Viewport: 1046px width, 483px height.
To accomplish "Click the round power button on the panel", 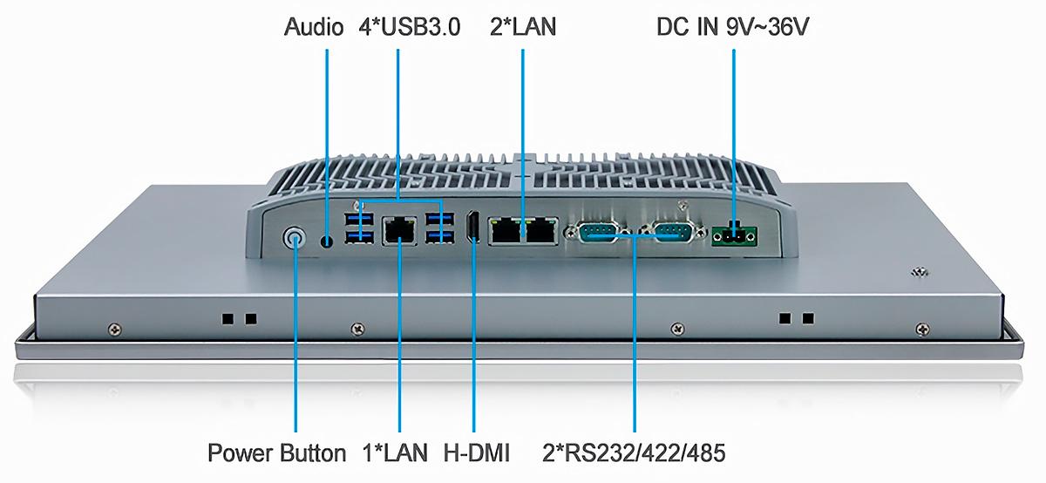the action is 295,239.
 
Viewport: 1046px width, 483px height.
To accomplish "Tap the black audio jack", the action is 328,241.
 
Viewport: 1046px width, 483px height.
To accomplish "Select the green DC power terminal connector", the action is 734,237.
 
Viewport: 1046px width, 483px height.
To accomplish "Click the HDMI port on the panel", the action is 472,228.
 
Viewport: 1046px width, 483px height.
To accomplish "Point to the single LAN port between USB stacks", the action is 400,230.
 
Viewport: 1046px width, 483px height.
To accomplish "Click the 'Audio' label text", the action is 314,27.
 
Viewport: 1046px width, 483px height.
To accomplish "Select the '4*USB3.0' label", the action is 410,27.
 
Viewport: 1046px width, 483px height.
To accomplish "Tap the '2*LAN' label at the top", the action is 523,27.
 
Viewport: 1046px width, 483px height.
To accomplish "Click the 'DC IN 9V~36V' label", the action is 733,27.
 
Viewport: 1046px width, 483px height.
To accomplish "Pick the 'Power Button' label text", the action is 277,452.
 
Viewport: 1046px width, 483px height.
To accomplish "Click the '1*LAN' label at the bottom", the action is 395,452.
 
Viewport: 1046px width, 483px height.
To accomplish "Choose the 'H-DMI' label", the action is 477,452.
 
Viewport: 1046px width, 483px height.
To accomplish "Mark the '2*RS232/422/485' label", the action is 634,452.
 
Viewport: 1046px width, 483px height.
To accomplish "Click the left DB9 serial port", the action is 598,232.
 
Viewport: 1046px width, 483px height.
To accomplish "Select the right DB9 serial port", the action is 672,232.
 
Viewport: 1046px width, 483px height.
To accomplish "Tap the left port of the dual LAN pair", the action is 506,231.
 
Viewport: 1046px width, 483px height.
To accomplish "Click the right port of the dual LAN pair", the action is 540,231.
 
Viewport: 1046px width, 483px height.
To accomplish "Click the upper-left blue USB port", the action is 359,218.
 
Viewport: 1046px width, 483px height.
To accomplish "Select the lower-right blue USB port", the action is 439,237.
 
